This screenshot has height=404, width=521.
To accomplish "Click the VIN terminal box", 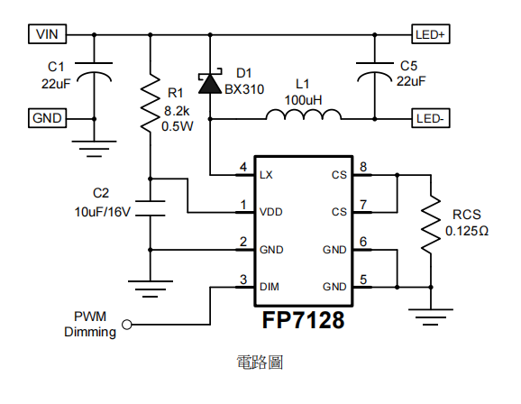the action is [47, 34].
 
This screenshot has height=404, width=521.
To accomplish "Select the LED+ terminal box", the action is [431, 34].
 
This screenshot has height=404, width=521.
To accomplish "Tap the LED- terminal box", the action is [431, 118].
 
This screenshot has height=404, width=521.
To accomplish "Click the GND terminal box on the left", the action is [47, 118].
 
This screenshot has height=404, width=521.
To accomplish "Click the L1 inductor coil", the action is [304, 114].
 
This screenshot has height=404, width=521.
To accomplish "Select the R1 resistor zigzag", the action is [151, 103].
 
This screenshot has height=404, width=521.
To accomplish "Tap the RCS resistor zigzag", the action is [431, 225].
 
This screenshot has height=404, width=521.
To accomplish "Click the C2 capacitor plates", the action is [151, 208].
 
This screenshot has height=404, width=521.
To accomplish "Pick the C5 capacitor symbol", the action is [375, 72].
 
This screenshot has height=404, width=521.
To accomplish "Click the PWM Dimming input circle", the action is [127, 325].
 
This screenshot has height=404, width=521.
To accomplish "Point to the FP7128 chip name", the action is [303, 320].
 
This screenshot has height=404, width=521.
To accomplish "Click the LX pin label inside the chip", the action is [266, 175].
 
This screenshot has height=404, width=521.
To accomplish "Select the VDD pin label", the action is [271, 212].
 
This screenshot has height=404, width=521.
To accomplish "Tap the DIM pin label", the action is [270, 287].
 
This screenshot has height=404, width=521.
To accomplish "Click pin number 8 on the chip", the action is [363, 167].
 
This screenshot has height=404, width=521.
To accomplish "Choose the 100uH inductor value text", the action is [303, 100].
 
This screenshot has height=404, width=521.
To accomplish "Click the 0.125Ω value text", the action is [467, 231].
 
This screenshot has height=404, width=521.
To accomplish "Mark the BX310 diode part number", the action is [244, 89].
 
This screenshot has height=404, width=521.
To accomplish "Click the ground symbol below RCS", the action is [431, 317].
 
